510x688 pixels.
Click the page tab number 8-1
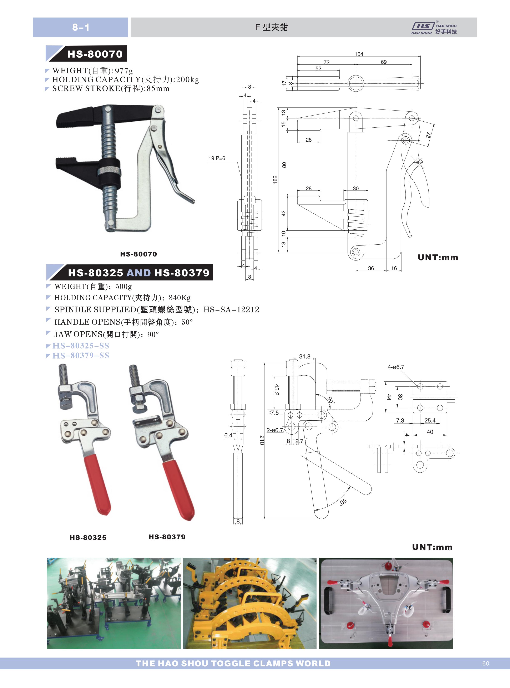pos(81,27)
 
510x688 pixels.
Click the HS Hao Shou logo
pos(434,28)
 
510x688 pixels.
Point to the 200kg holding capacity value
pos(187,80)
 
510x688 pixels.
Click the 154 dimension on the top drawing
pos(359,54)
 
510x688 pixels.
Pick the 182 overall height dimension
pos(275,180)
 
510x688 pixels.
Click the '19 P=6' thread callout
pos(217,158)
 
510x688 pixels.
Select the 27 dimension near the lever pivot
pos(428,135)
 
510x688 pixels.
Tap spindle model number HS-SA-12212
pos(231,309)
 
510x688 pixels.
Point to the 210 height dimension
pos(262,440)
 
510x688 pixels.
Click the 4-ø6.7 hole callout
pos(396,367)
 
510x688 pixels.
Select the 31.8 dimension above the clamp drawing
pos(305,356)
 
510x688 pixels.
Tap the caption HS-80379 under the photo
pos(167,537)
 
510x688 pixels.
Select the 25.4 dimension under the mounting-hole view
pos(430,420)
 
